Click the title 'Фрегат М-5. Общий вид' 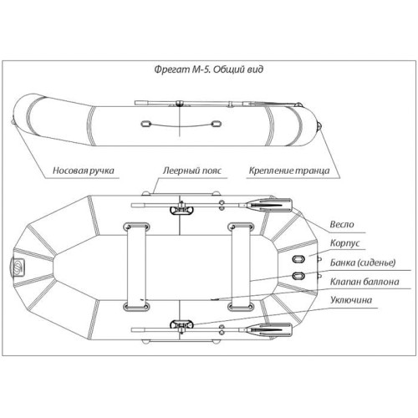(x=209, y=69)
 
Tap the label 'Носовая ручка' (x=84, y=171)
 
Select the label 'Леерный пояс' (x=192, y=171)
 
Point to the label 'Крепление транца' (x=289, y=171)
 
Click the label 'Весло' (x=342, y=224)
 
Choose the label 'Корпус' (x=344, y=243)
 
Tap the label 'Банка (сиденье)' (x=363, y=263)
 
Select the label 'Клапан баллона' (x=364, y=282)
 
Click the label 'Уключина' (x=351, y=300)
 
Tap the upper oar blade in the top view (x=269, y=205)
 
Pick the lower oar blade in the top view (x=269, y=329)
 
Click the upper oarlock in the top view (x=181, y=210)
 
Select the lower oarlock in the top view (x=181, y=324)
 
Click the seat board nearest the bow (x=136, y=267)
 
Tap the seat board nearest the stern (x=241, y=267)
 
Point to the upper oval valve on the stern (x=298, y=259)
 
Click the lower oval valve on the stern (x=298, y=276)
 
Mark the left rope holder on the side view (x=146, y=124)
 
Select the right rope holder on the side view (x=216, y=124)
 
